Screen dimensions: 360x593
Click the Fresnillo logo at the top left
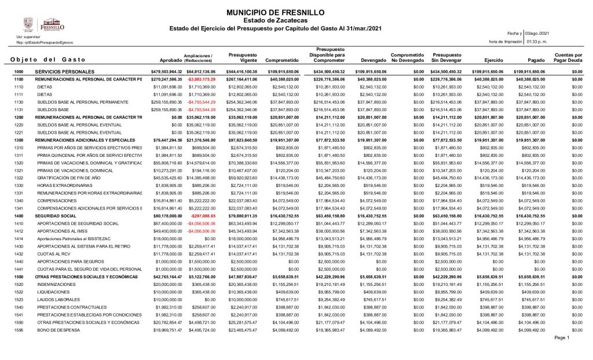[43, 25]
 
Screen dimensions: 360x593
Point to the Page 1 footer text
[562, 338]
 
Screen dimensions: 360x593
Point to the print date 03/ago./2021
[536, 34]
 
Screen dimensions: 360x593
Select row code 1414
[19, 238]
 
